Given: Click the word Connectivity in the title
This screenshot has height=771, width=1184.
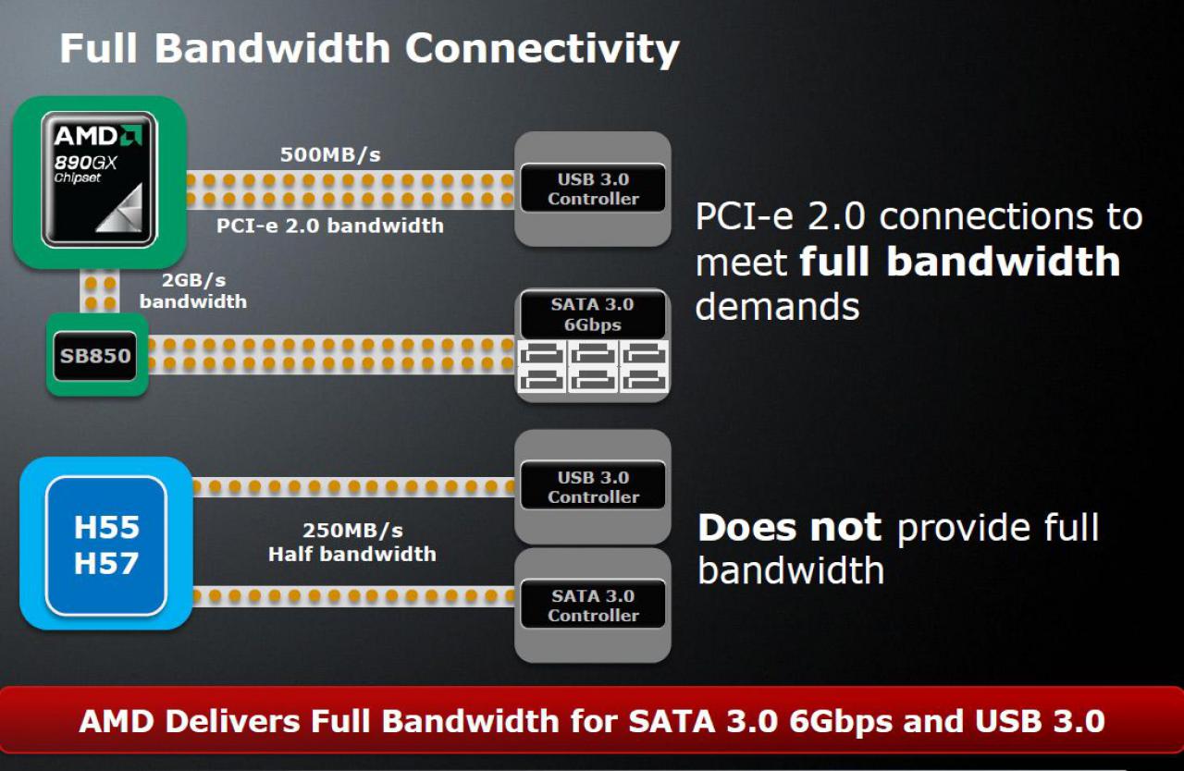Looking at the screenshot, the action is coord(542,49).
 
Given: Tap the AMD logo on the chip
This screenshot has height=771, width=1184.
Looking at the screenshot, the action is coord(98,136).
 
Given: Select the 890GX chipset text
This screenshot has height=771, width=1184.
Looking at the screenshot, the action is coord(85,168).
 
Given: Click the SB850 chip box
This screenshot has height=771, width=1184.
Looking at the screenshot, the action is coord(95,356).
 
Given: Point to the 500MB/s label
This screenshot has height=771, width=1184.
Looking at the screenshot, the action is coord(330,154).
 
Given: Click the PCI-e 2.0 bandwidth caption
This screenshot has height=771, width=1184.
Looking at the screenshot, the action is coord(330,226).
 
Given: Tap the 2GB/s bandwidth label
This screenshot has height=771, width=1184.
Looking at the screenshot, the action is coord(193,290).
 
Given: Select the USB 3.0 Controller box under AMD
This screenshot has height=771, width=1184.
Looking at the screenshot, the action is coord(593,189).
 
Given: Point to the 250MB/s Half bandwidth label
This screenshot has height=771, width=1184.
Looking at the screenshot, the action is coord(352,542).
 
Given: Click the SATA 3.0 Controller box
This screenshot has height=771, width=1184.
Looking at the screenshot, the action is coord(593,605).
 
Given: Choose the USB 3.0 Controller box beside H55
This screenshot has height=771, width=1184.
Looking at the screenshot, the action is coord(593,486).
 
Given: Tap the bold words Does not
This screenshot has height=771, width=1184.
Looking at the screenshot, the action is coord(790,527).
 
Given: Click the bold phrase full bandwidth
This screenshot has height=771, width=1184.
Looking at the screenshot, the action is coord(960,261).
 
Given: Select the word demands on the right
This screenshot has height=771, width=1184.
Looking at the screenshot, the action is coord(777,307).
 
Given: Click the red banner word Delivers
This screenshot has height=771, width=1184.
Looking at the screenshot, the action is coord(232,721).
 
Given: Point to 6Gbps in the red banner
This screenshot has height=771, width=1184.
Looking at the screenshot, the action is coord(841,722).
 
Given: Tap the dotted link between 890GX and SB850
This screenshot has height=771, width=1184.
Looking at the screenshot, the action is coord(100,292).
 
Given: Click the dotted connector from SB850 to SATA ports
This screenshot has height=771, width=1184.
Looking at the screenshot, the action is coord(331,354).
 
